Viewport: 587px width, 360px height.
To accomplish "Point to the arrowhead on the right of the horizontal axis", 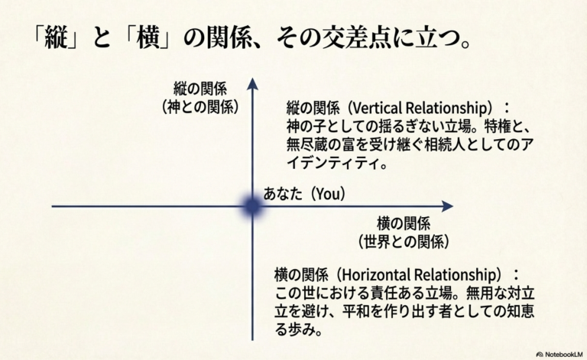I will pos(447,206).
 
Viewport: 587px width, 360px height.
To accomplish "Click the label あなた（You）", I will pos(304,194).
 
